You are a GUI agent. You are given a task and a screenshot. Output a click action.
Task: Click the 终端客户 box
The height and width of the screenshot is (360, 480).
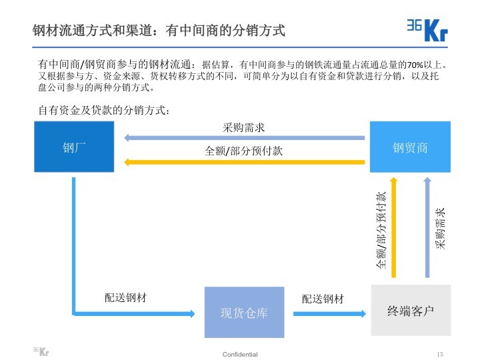pos(410,311)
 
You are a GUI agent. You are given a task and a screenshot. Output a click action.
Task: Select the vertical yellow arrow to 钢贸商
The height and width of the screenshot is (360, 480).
pos(394,227)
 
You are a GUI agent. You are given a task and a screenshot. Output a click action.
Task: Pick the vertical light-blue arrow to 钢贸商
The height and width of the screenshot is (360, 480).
pos(427,227)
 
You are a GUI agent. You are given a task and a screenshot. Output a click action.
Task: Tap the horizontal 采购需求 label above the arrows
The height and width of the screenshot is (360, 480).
pos(243,127)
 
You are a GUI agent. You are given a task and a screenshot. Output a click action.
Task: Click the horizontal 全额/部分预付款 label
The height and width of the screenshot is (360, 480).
pos(243,151)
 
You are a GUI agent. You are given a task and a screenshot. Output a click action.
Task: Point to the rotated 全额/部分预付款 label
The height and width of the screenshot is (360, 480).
pos(381,230)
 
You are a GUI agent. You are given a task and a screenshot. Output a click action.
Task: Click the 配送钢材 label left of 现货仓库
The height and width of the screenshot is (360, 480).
pos(126,298)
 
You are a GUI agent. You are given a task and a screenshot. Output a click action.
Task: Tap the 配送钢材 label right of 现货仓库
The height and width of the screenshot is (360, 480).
pos(323,299)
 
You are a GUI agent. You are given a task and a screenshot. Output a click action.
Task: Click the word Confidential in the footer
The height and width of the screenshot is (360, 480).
pos(240,354)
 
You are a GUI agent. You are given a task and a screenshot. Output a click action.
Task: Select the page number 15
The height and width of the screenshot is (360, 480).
pos(439,354)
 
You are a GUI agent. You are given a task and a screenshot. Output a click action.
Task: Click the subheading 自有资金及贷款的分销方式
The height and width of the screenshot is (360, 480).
pos(103,110)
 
